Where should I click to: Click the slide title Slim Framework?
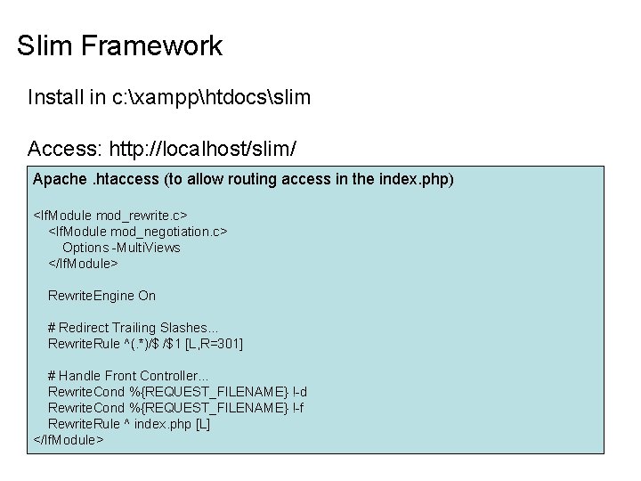coord(119,46)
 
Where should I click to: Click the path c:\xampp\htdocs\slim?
coord(212,97)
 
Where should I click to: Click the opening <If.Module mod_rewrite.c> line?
coord(110,215)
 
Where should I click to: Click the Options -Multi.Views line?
coord(121,247)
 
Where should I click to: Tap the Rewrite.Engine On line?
coord(101,295)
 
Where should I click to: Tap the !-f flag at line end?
coord(299,407)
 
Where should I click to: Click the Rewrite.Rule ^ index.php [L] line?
coord(129,423)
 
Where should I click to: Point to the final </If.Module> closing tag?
coord(69,439)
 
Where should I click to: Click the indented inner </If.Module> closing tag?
coord(83,263)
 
